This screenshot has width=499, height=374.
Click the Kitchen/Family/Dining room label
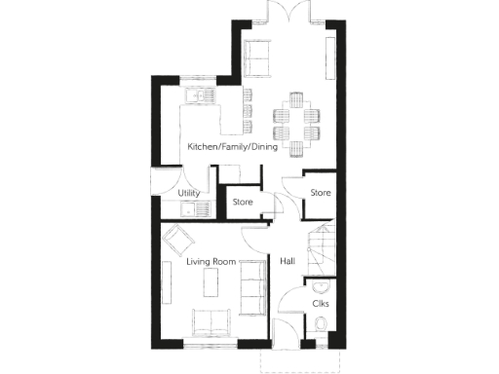click(x=233, y=147)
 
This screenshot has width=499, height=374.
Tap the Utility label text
click(x=189, y=194)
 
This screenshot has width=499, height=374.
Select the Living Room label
click(x=211, y=261)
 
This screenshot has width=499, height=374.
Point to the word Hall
click(x=288, y=261)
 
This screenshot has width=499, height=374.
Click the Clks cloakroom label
click(x=320, y=304)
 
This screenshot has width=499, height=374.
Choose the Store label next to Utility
click(x=242, y=203)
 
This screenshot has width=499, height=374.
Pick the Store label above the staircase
click(x=321, y=193)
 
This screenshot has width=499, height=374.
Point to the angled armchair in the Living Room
click(x=178, y=237)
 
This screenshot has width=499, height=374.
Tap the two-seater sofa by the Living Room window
click(x=211, y=320)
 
